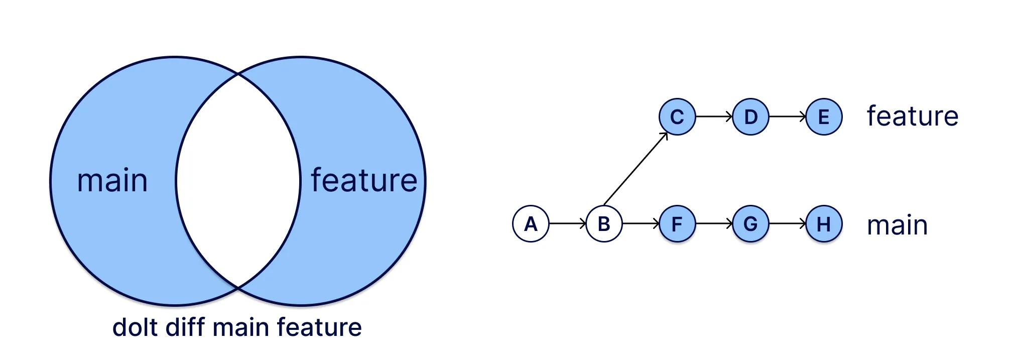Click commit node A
[x=531, y=224]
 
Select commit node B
[x=604, y=224]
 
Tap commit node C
[x=677, y=117]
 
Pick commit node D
[x=750, y=117]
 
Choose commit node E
[x=824, y=117]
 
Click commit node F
[x=677, y=224]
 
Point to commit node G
[x=750, y=224]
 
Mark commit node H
[x=824, y=224]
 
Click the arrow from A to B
[x=567, y=223]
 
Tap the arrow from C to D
[x=714, y=116]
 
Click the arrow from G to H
[x=787, y=223]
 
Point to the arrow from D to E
[x=787, y=116]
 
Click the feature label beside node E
[x=912, y=116]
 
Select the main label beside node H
[x=897, y=225]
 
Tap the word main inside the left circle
[x=112, y=181]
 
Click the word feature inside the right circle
[x=364, y=181]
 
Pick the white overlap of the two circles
[x=238, y=181]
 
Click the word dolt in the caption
[x=135, y=327]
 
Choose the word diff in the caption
[x=185, y=327]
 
